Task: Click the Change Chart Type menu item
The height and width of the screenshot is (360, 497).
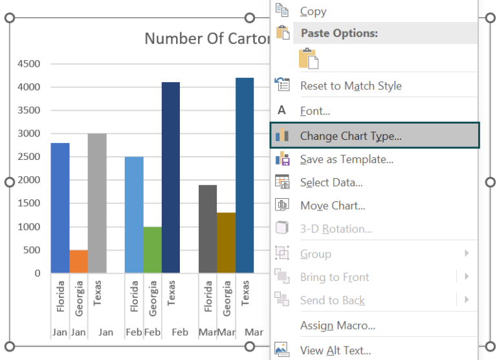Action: tap(350, 136)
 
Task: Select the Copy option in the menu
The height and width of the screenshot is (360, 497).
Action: tap(313, 11)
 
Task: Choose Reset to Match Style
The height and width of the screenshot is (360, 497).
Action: tap(350, 85)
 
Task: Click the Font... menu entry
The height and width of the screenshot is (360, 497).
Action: tap(315, 111)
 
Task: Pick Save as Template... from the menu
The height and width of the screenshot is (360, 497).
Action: tap(346, 159)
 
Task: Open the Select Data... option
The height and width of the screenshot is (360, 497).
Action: tap(331, 183)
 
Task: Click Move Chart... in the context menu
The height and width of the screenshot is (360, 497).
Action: tap(332, 206)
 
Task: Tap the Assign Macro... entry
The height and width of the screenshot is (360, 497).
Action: tap(337, 326)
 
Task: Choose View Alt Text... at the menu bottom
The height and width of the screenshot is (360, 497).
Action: tap(335, 350)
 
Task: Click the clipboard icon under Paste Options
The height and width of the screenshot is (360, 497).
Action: tap(309, 58)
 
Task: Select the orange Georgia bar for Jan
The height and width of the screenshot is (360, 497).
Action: tap(78, 261)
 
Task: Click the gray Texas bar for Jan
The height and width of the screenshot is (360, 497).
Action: tap(97, 203)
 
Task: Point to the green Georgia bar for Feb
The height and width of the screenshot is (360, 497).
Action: tap(153, 249)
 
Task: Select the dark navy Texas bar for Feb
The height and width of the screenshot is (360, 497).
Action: tap(171, 177)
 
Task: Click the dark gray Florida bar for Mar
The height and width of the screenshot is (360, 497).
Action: tap(208, 229)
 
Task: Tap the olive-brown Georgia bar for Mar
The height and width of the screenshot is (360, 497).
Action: tap(226, 242)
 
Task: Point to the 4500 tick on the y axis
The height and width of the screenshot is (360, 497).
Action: tap(28, 63)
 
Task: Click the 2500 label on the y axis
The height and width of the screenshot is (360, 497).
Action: tap(28, 157)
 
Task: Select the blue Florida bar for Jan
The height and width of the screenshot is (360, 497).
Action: tap(60, 207)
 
